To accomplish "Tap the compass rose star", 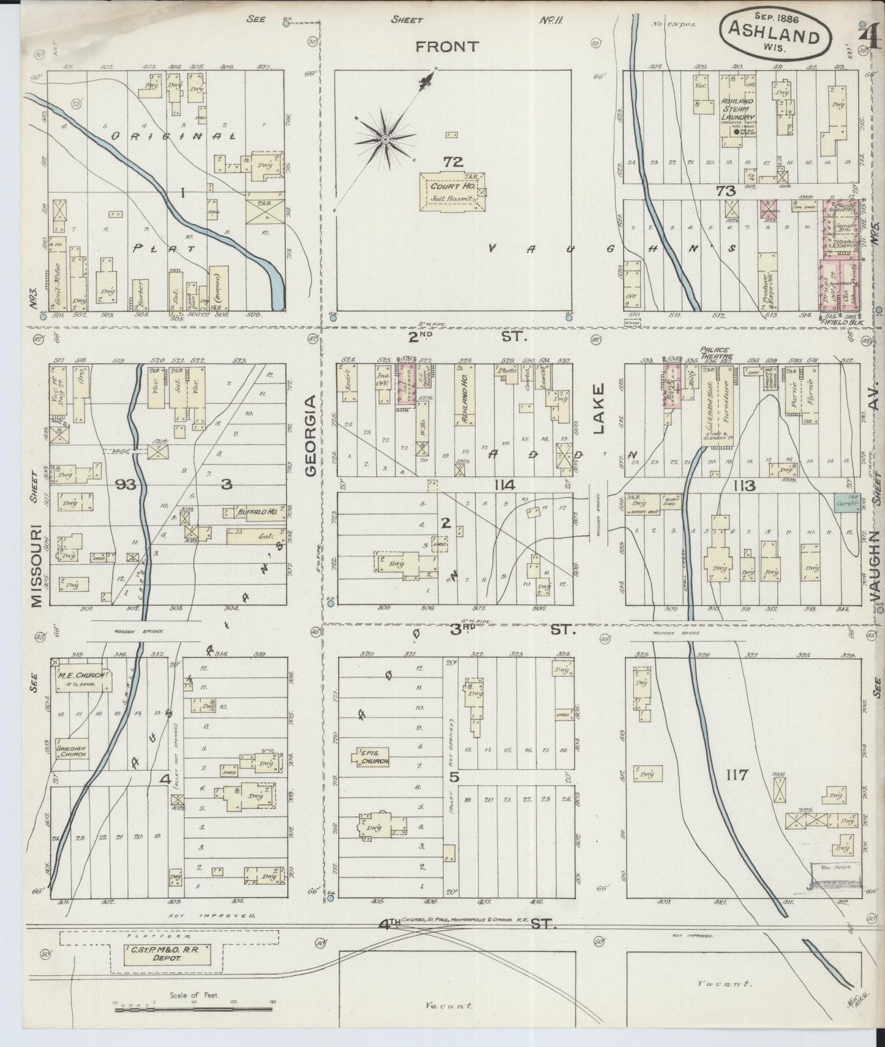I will [x=384, y=140].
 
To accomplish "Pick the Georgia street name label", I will [x=311, y=435].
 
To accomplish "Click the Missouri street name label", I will [x=36, y=565].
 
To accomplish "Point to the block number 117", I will [x=736, y=776].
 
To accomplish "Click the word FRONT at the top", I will [x=447, y=47].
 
